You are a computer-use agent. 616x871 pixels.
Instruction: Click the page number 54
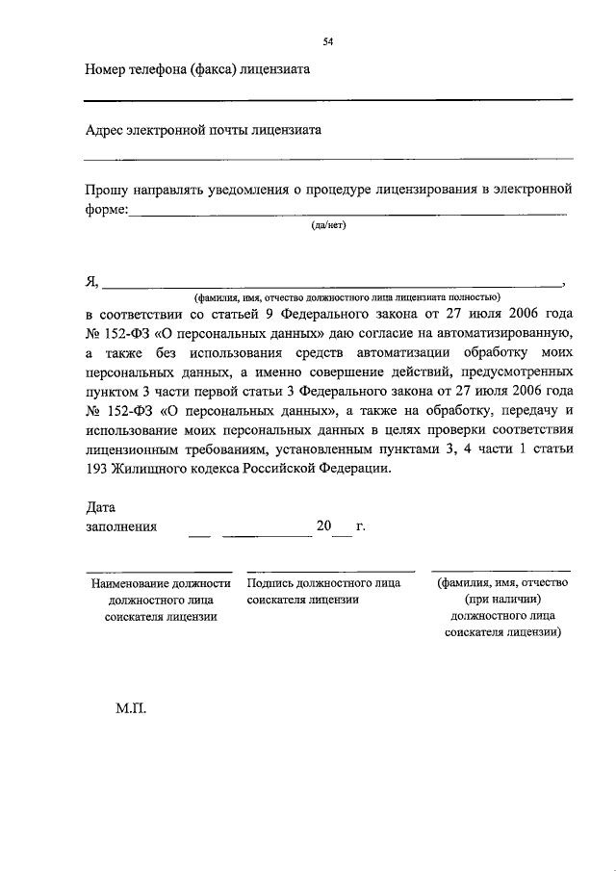[328, 42]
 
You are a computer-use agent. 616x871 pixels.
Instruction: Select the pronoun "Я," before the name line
[91, 281]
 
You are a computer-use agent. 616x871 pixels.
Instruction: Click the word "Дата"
[100, 507]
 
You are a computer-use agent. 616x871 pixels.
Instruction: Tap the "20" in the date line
[323, 526]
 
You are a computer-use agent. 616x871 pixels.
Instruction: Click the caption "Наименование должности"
[161, 583]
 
